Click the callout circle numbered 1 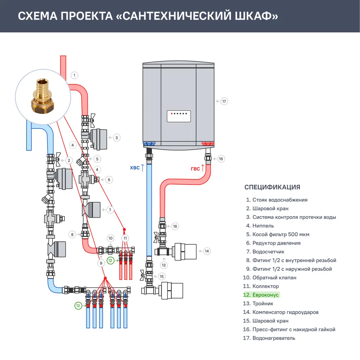click(74, 75)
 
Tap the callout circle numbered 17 click(224, 102)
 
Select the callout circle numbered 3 click(116, 138)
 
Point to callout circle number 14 click(207, 251)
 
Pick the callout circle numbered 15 click(162, 276)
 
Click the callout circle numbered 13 click(164, 265)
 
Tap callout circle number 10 click(111, 238)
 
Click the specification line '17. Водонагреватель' click(269, 338)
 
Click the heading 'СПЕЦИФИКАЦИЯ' click(272, 187)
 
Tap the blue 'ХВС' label click(134, 168)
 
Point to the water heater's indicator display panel click(179, 116)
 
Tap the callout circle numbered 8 click(72, 234)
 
